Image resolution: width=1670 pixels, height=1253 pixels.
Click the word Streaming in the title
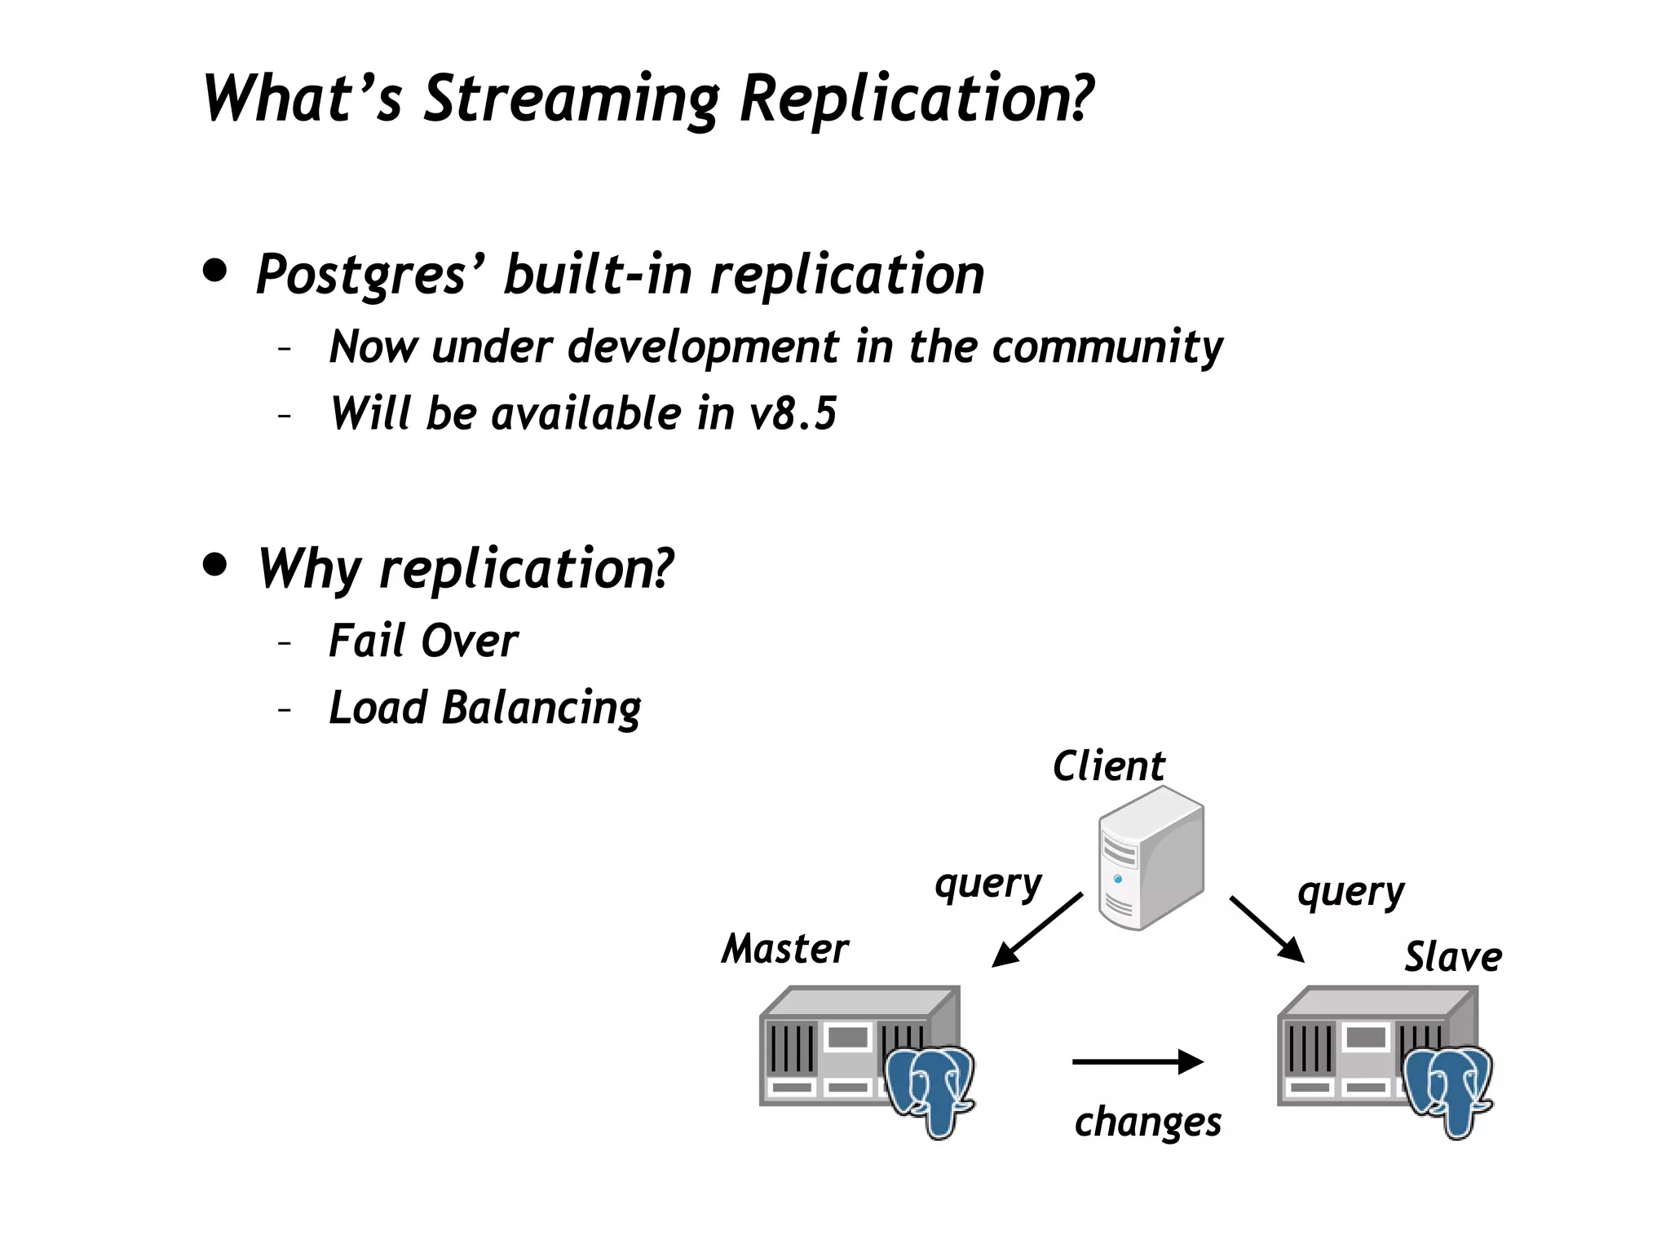571,99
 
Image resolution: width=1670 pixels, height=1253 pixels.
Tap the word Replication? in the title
916,99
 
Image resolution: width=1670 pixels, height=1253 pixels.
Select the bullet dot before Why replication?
215,564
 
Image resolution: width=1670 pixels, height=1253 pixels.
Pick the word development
703,347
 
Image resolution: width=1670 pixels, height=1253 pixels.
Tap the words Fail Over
422,641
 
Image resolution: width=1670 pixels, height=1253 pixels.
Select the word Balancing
541,708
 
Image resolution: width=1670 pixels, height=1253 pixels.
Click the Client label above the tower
1108,766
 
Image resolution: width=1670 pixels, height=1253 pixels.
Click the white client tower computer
1150,858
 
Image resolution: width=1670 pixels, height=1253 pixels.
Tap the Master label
784,949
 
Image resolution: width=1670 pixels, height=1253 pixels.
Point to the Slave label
1452,957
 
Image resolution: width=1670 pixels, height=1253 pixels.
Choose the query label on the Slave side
1350,893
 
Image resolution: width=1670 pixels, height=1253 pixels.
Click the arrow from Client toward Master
1036,930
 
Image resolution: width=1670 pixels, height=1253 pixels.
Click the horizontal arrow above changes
1138,1061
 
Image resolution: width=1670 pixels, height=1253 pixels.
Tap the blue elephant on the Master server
930,1088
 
